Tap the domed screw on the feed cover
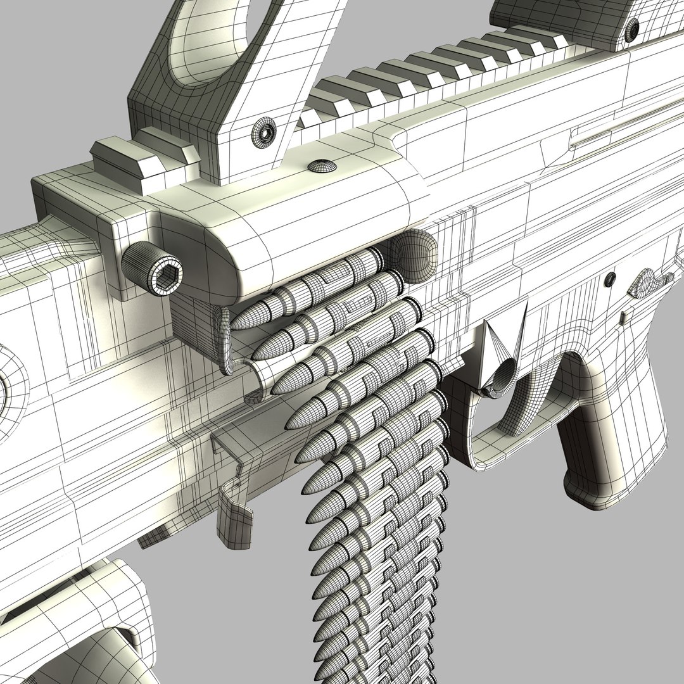pyautogui.click(x=322, y=166)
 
